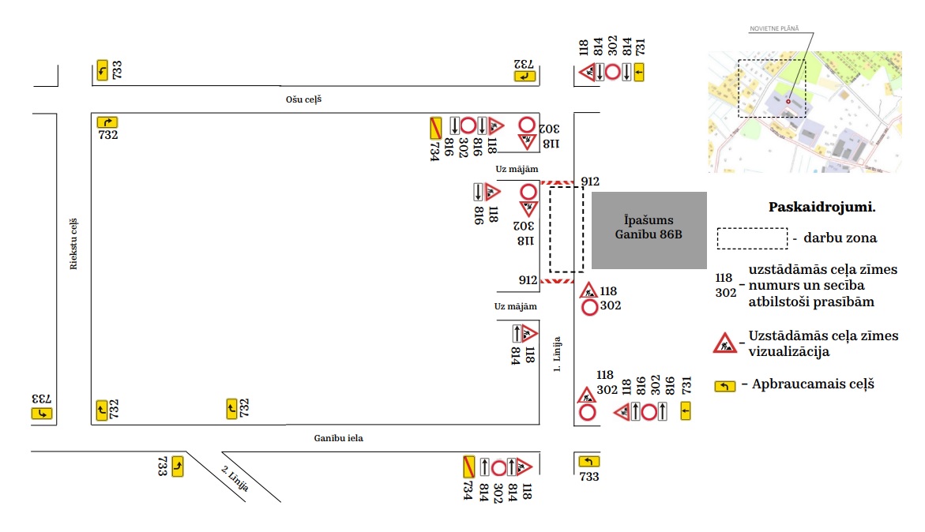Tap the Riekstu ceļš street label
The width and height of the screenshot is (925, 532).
pos(73,244)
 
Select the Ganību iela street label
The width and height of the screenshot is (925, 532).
pos(337,438)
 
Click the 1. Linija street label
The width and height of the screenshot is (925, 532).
pos(557,354)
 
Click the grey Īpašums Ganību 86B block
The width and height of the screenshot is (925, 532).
pos(649,230)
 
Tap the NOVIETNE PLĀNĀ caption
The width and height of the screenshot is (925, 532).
pos(774,28)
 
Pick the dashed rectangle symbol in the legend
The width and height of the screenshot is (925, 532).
pos(751,238)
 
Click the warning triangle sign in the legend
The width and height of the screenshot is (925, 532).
pos(724,343)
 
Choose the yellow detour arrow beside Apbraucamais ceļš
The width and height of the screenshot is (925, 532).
pos(724,386)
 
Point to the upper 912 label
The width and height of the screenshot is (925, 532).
pos(590,182)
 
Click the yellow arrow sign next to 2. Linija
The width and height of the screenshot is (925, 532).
pos(178,466)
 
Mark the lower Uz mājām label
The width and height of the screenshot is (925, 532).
pos(516,306)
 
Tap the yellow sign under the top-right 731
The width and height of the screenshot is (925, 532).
pos(639,73)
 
